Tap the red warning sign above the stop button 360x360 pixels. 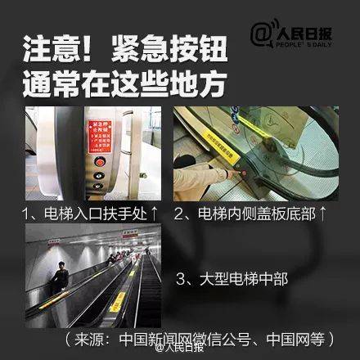point(101,133)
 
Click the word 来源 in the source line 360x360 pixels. point(93,338)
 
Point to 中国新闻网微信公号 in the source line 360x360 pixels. point(189,338)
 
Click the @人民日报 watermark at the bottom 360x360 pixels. point(180,349)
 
